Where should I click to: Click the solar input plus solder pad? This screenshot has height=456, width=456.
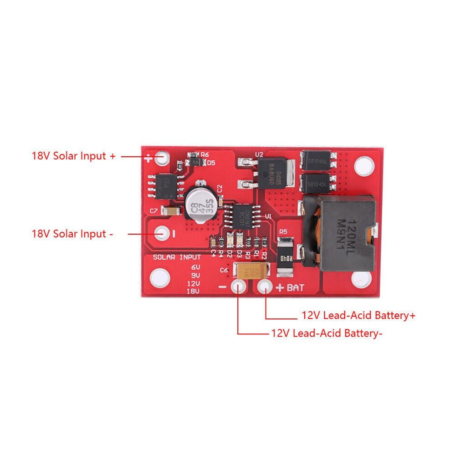[161, 158]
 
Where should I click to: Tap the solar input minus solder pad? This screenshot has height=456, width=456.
[161, 233]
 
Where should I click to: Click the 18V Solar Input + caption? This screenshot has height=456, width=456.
[74, 156]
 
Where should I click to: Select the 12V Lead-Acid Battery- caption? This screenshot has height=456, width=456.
[326, 333]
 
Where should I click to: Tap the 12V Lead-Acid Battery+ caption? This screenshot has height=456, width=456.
[358, 315]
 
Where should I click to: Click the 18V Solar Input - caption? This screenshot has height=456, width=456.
[72, 234]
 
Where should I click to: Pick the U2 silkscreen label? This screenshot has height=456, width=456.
[259, 155]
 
